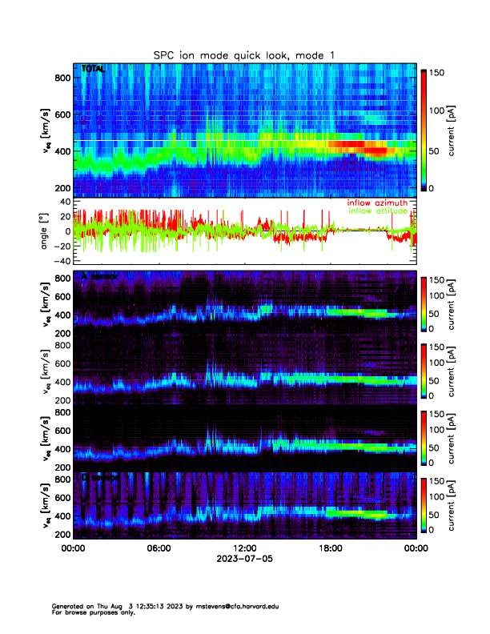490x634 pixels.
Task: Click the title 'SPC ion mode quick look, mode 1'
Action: [245, 54]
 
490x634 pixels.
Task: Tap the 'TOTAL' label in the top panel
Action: [94, 70]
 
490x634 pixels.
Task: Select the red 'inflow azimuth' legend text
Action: [377, 203]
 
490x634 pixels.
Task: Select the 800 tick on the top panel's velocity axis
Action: [63, 77]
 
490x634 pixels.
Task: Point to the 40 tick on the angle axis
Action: [66, 202]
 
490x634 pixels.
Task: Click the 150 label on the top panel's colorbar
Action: [438, 73]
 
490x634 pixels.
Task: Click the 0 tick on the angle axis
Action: [68, 231]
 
